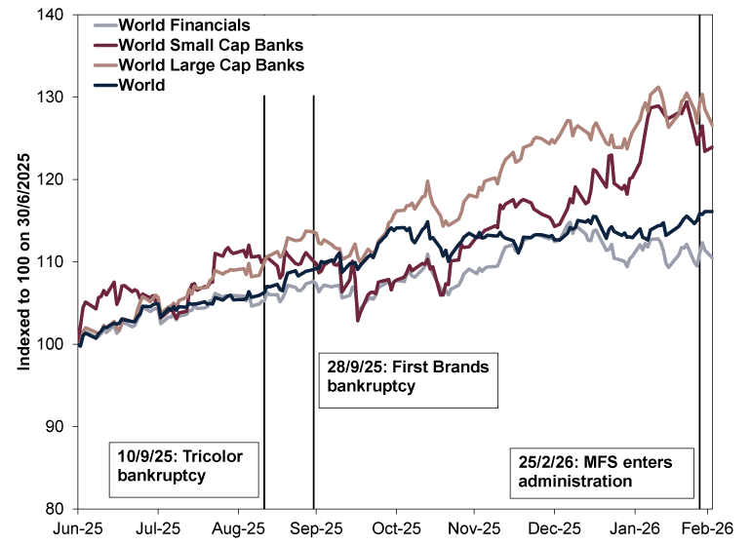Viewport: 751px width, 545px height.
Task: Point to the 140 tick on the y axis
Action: (51, 16)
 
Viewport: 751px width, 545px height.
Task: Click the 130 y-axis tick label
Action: (51, 97)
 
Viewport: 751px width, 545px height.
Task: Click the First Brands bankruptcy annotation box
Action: (408, 377)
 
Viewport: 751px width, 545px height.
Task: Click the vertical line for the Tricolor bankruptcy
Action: (264, 292)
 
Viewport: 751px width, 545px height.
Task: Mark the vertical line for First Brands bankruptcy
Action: (313, 244)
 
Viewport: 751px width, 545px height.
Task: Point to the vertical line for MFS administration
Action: (700, 292)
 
